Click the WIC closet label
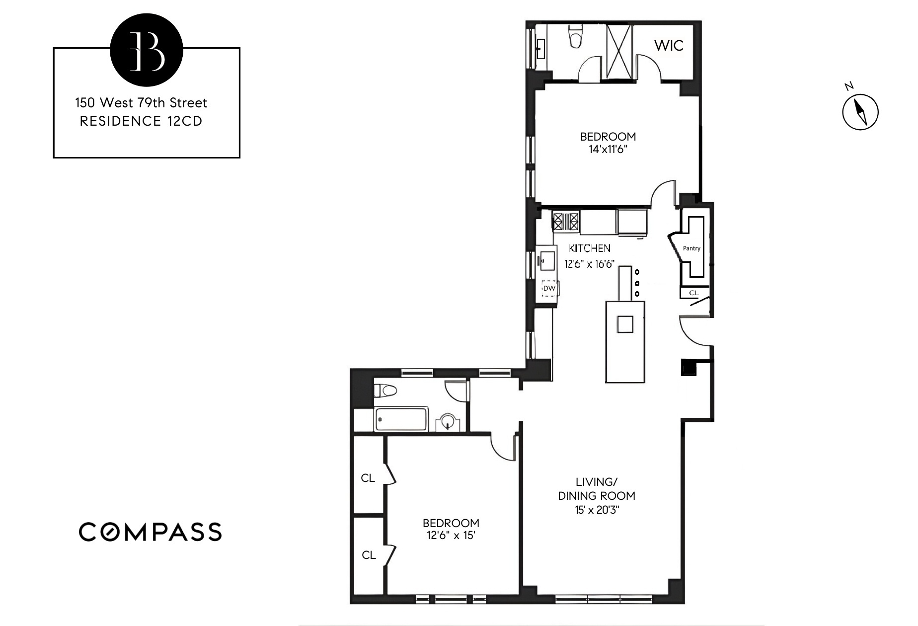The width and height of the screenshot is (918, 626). pyautogui.click(x=669, y=46)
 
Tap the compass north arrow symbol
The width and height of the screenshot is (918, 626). pyautogui.click(x=860, y=112)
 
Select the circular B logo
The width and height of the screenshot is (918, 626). pyautogui.click(x=147, y=50)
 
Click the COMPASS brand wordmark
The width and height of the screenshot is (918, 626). pyautogui.click(x=150, y=532)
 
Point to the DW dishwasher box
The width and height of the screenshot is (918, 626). pyautogui.click(x=549, y=288)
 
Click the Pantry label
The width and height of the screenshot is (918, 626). pyautogui.click(x=691, y=248)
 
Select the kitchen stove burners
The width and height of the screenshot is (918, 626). pyautogui.click(x=566, y=220)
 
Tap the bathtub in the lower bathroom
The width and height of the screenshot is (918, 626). pyautogui.click(x=401, y=420)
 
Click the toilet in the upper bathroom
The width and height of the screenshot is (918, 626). pyautogui.click(x=576, y=39)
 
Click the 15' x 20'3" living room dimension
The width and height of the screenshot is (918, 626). pyautogui.click(x=596, y=510)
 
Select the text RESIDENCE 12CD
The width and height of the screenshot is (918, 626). pyautogui.click(x=141, y=121)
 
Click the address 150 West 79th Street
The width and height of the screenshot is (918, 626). pyautogui.click(x=141, y=103)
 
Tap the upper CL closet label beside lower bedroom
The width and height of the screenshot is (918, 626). pyautogui.click(x=368, y=478)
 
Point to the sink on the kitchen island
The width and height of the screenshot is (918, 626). pyautogui.click(x=625, y=324)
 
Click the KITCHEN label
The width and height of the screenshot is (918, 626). pyautogui.click(x=590, y=248)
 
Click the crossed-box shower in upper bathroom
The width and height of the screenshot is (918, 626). pyautogui.click(x=619, y=51)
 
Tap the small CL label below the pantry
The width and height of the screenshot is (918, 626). pyautogui.click(x=693, y=293)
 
